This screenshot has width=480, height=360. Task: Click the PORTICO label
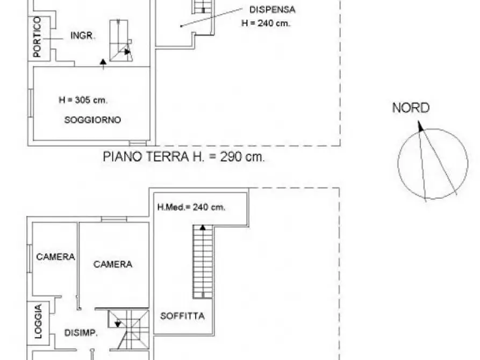[x=37, y=37]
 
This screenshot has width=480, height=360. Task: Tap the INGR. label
[x=83, y=36]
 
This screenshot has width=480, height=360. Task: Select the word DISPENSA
[x=272, y=10]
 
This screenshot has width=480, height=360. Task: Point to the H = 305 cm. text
[x=83, y=100]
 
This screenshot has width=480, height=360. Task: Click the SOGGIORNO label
[x=92, y=120]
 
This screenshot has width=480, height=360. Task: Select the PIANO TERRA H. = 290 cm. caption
[x=184, y=157]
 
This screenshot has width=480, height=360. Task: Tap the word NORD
[x=411, y=108]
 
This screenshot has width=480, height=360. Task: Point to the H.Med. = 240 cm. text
[x=191, y=207]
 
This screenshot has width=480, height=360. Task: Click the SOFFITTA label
[x=182, y=316]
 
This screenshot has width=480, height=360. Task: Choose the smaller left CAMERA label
[x=55, y=257]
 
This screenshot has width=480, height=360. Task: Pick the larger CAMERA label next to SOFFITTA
[x=113, y=264]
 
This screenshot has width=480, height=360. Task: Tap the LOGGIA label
[x=38, y=322]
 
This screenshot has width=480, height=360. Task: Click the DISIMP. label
[x=81, y=333]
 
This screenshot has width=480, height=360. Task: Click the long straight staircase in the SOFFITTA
[x=202, y=262]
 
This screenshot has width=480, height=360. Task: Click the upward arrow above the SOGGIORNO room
[x=103, y=62]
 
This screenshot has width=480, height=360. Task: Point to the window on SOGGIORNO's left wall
[x=31, y=102]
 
